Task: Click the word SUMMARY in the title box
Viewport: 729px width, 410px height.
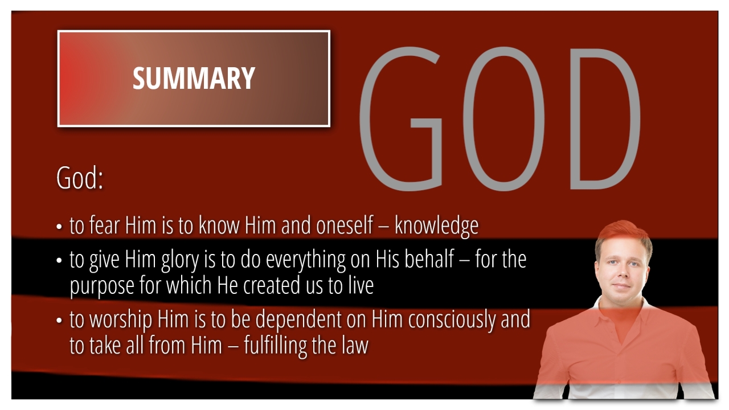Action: pyautogui.click(x=194, y=78)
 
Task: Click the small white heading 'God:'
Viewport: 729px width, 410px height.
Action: pyautogui.click(x=80, y=178)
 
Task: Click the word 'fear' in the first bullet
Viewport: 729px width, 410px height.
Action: pyautogui.click(x=104, y=225)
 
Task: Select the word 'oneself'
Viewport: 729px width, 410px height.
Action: pyautogui.click(x=345, y=225)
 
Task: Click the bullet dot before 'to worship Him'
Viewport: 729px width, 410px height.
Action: pyautogui.click(x=59, y=320)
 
